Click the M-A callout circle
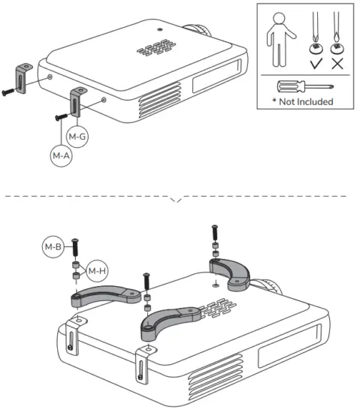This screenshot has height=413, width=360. (x=61, y=156)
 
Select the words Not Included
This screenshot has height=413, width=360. (x=306, y=101)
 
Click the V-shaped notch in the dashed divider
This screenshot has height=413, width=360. (x=177, y=200)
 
